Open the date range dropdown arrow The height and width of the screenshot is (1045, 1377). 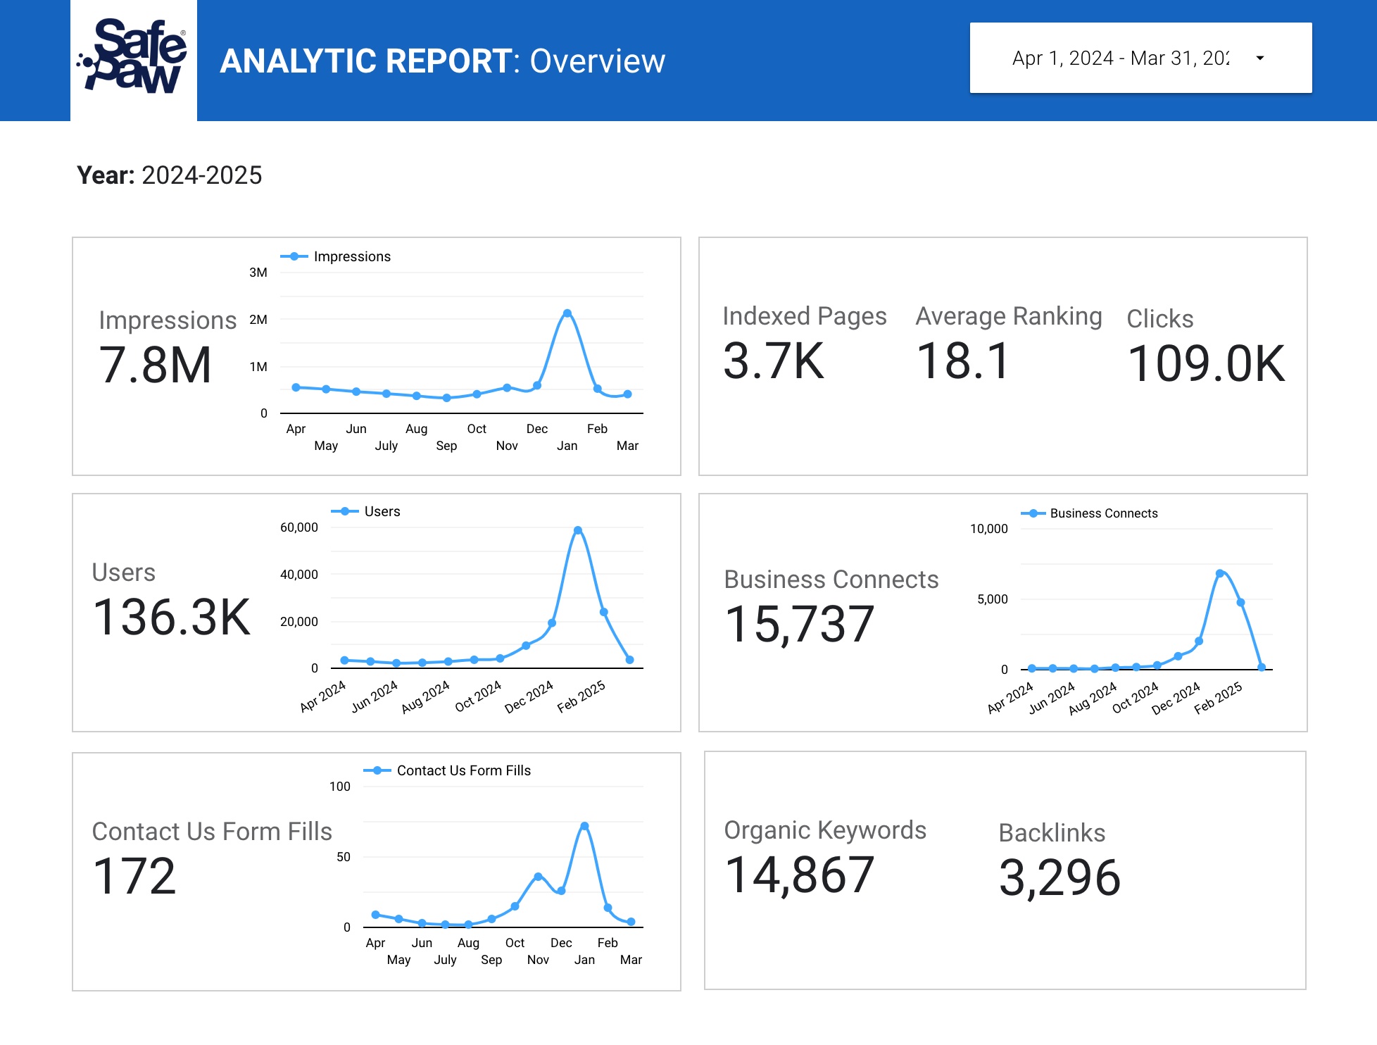pyautogui.click(x=1260, y=58)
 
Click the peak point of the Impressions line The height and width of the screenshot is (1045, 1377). pyautogui.click(x=567, y=313)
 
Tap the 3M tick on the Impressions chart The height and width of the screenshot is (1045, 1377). pyautogui.click(x=258, y=273)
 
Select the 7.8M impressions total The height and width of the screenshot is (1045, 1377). pyautogui.click(x=156, y=365)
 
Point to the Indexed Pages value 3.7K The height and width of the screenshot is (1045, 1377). pyautogui.click(x=773, y=361)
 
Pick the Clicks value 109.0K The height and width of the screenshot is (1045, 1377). pyautogui.click(x=1206, y=364)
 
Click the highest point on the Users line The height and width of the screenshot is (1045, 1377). pyautogui.click(x=578, y=530)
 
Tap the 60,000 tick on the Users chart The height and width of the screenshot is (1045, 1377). pyautogui.click(x=299, y=527)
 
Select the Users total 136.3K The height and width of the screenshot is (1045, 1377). pyautogui.click(x=172, y=618)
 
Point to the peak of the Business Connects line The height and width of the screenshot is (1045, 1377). pyautogui.click(x=1220, y=573)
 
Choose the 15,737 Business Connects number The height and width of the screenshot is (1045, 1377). pyautogui.click(x=800, y=625)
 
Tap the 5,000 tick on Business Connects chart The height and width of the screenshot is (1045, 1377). pyautogui.click(x=993, y=599)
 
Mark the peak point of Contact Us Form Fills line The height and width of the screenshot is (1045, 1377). pyautogui.click(x=584, y=826)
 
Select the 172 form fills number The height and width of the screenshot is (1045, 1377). pyautogui.click(x=134, y=877)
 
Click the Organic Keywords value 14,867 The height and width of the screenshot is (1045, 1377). pyautogui.click(x=800, y=875)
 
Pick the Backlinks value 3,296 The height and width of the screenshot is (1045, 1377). pyautogui.click(x=1060, y=878)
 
